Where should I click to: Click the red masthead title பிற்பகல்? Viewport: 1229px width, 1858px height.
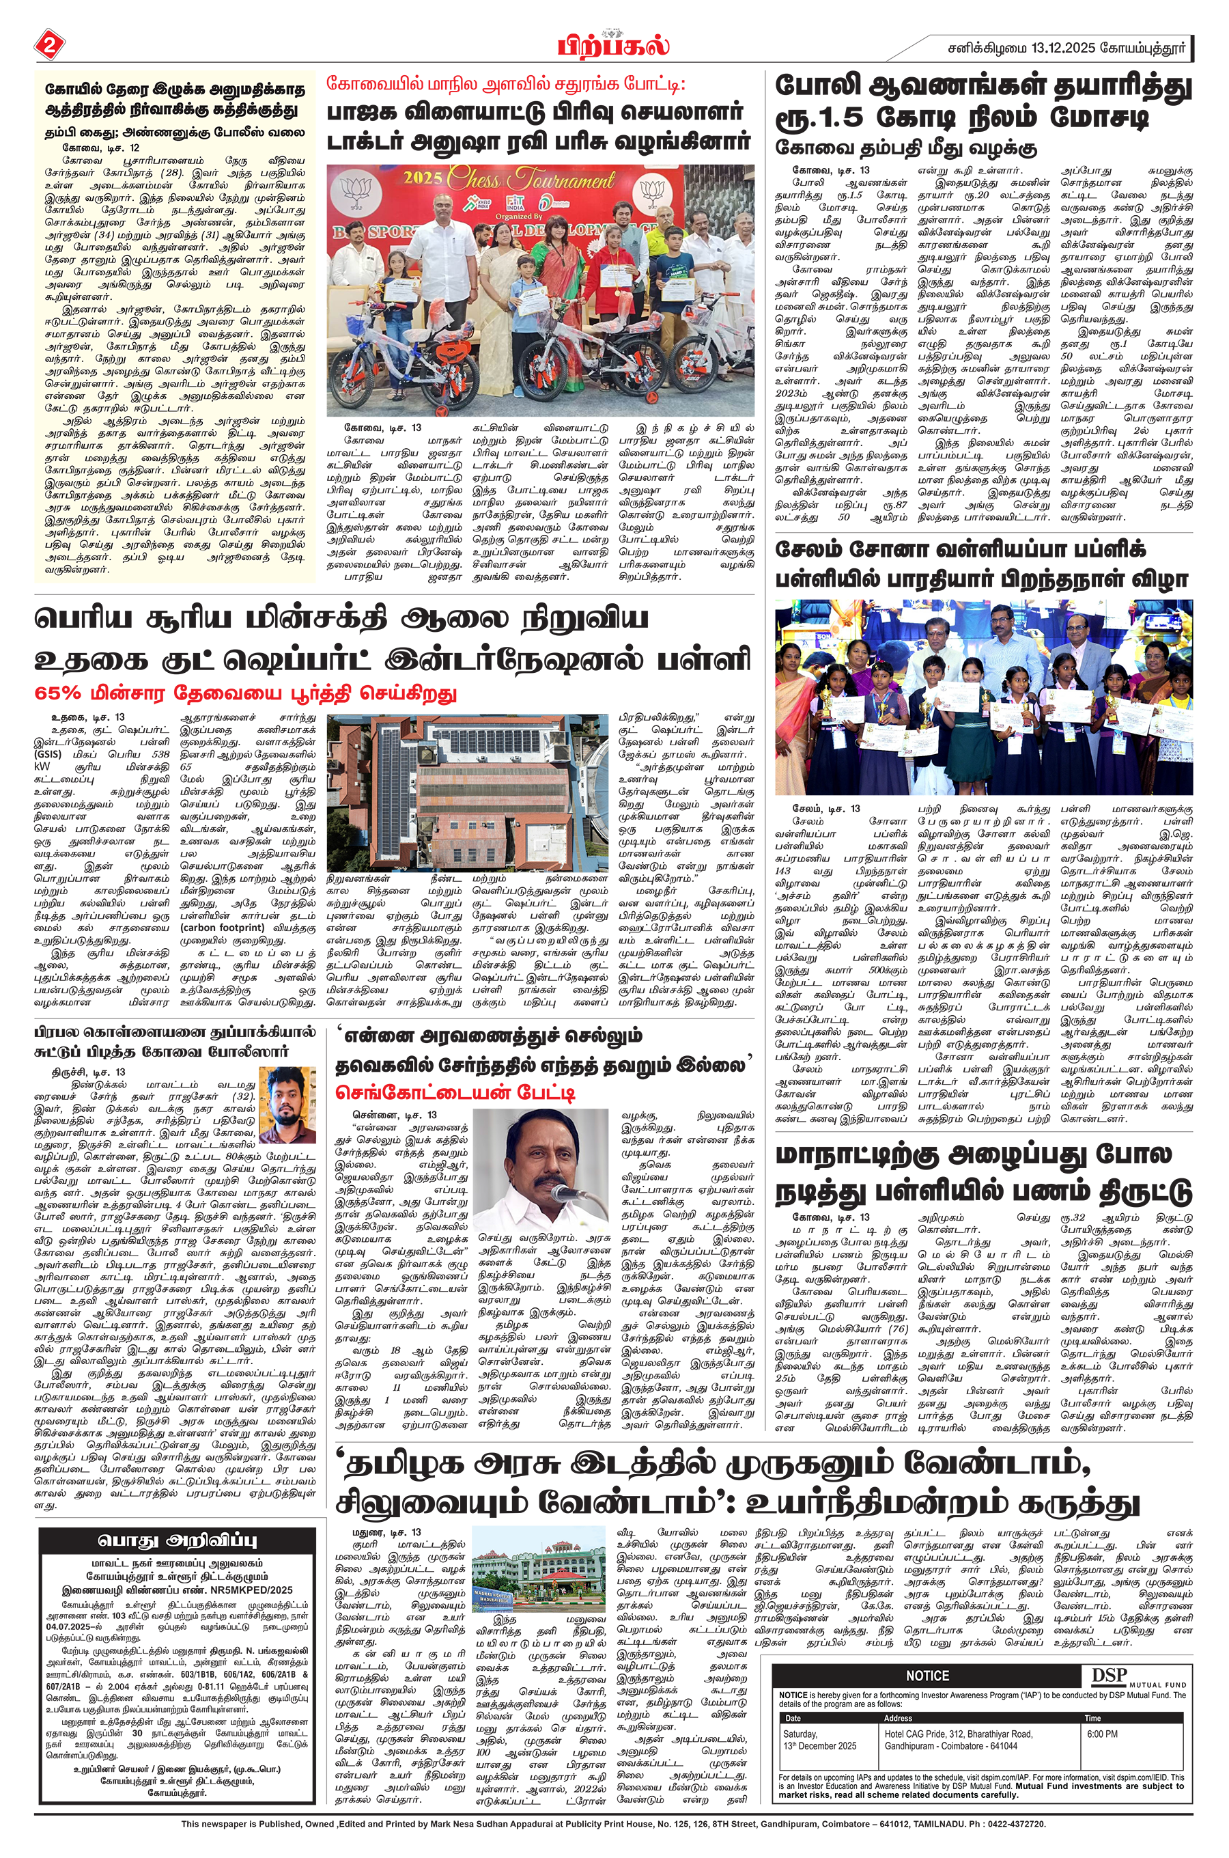point(614,46)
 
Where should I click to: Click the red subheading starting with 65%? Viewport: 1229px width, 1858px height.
point(245,694)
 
